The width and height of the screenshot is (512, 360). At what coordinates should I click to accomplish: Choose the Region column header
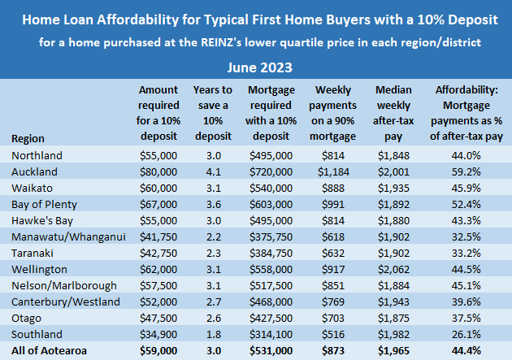click(29, 139)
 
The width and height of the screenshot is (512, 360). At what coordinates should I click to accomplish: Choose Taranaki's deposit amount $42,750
click(158, 252)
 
